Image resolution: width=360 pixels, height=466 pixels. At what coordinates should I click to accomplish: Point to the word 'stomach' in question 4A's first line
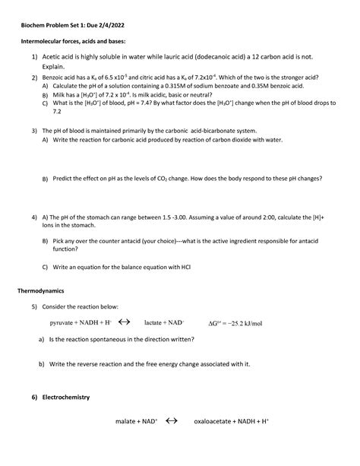pos(104,217)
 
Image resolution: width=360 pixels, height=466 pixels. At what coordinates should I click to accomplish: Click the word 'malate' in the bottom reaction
pos(127,420)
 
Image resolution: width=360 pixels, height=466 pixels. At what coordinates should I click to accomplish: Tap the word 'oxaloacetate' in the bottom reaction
pos(217,420)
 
